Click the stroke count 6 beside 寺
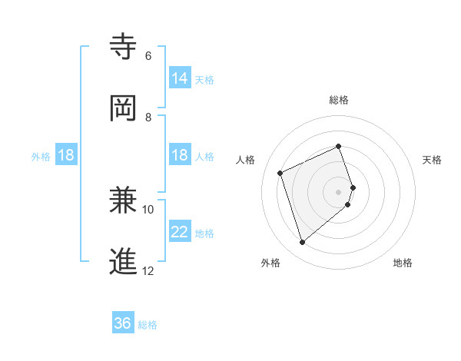coord(148,55)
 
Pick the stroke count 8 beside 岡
coord(148,117)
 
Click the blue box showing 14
coord(180,78)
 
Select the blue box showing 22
coord(180,231)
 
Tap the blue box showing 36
coord(123,323)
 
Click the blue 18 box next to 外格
coord(66,155)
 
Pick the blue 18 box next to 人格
coord(180,155)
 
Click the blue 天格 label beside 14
coord(204,79)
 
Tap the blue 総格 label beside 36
coord(148,325)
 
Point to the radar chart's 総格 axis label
coord(339,100)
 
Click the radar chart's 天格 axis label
coord(432,160)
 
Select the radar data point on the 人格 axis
coord(281,173)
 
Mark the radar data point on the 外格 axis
coord(302,243)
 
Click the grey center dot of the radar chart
coord(339,191)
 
